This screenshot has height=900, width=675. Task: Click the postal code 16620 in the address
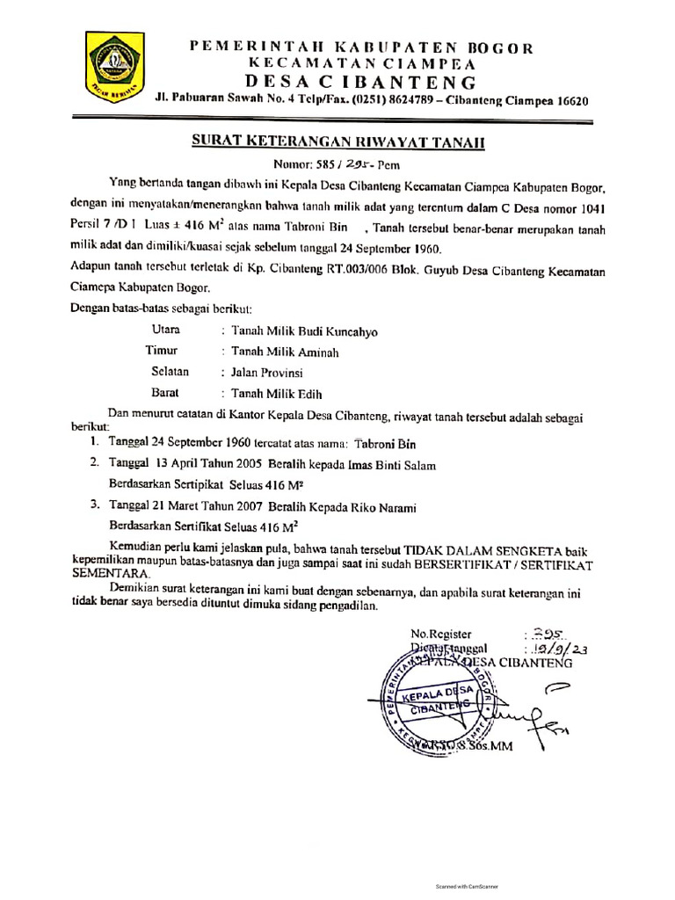click(x=567, y=101)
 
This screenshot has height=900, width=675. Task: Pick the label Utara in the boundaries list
click(x=167, y=330)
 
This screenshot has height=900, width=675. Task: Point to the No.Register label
click(x=442, y=634)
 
